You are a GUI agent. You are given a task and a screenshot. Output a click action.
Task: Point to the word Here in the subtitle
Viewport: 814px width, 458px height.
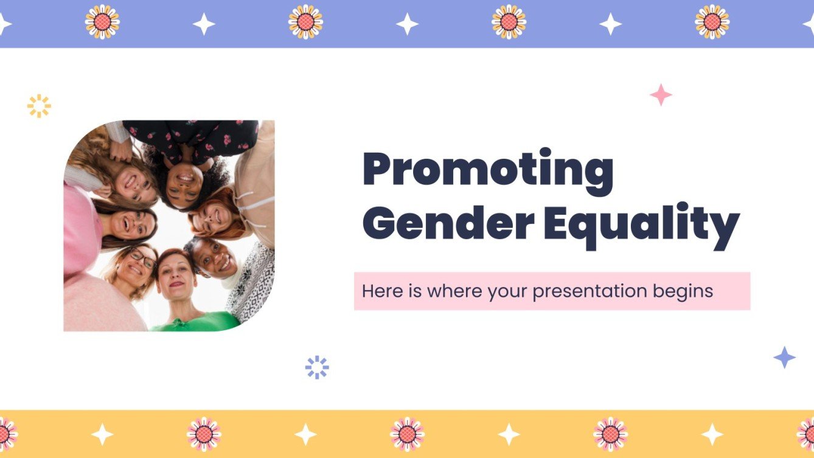(x=381, y=291)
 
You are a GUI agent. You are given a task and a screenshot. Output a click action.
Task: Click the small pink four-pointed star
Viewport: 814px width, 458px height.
(x=661, y=95)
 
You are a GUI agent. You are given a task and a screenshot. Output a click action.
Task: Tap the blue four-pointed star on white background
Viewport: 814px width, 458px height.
(x=784, y=358)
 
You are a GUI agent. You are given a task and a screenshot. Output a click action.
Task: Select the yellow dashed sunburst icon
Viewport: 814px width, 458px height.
(x=39, y=106)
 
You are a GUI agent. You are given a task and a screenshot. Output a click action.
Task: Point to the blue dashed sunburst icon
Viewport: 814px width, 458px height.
(x=317, y=367)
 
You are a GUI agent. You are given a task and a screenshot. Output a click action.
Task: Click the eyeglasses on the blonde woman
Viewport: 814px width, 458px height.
(x=141, y=258)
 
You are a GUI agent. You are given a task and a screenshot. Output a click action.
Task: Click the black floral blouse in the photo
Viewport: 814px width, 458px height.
(x=195, y=135)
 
